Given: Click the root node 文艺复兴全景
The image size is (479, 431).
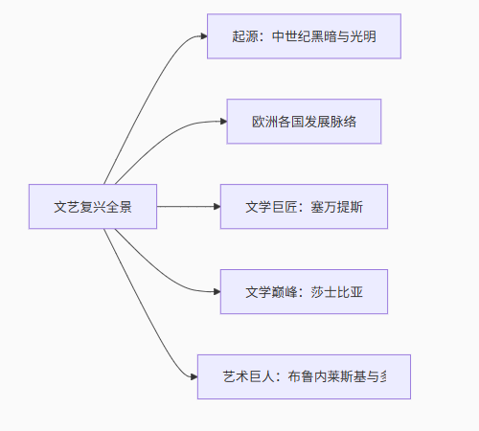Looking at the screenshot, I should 93,206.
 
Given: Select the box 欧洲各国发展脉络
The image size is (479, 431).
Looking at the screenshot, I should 304,122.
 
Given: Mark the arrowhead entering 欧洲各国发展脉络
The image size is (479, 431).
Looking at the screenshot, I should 221,122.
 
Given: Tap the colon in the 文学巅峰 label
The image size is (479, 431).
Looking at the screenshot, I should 302,291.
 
